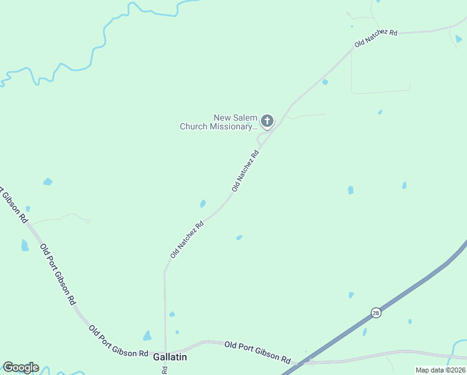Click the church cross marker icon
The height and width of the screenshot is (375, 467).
[267, 121]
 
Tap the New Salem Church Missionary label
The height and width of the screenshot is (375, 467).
[219, 122]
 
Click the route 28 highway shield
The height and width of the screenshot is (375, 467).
[375, 313]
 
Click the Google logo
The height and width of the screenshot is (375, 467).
[21, 367]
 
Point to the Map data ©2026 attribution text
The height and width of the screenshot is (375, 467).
[440, 370]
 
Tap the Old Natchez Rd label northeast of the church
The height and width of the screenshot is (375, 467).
[376, 37]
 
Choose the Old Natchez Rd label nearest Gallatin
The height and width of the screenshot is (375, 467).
[187, 239]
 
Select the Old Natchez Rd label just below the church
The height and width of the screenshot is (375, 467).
[245, 171]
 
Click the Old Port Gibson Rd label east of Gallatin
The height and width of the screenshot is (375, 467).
[258, 352]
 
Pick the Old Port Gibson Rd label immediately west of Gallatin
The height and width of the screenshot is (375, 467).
[118, 341]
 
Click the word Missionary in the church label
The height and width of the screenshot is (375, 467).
[232, 126]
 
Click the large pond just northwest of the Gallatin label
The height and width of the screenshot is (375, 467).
[147, 336]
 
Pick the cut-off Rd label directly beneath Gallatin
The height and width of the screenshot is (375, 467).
[164, 369]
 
